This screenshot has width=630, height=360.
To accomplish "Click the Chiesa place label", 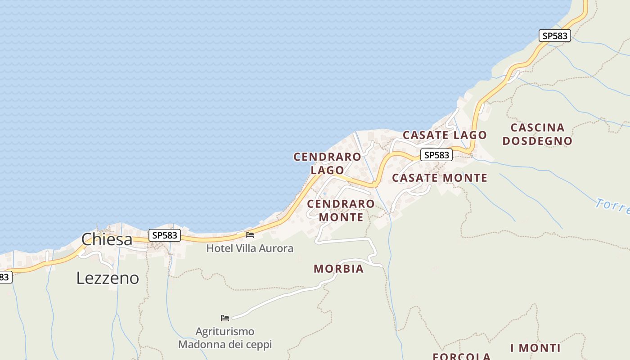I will [107, 239].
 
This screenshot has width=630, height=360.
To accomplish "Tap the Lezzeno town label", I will [108, 278].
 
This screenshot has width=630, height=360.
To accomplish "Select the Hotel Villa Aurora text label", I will [250, 248].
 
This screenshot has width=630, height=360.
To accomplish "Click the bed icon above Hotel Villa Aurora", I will [250, 235].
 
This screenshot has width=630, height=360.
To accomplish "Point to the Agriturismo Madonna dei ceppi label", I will [225, 338].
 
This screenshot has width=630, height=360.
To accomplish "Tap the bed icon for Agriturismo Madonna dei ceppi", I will [225, 318].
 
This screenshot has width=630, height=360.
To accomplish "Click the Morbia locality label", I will [338, 269].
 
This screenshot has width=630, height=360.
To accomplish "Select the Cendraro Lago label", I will [327, 163].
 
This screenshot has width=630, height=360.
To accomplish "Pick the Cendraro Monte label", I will [341, 210].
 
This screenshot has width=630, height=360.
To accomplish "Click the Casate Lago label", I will [445, 135].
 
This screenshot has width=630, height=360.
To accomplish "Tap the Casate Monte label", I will [440, 178].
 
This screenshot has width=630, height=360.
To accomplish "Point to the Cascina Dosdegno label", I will [537, 134].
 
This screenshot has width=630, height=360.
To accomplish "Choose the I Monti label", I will [535, 348].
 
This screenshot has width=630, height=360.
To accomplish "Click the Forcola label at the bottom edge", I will [461, 356].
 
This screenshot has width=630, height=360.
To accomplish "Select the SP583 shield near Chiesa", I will [165, 235].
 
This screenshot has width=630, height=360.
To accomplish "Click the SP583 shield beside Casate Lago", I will [436, 155].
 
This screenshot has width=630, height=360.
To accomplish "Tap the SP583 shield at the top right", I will [555, 36].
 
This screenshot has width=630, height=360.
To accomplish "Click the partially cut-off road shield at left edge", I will [4, 277].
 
